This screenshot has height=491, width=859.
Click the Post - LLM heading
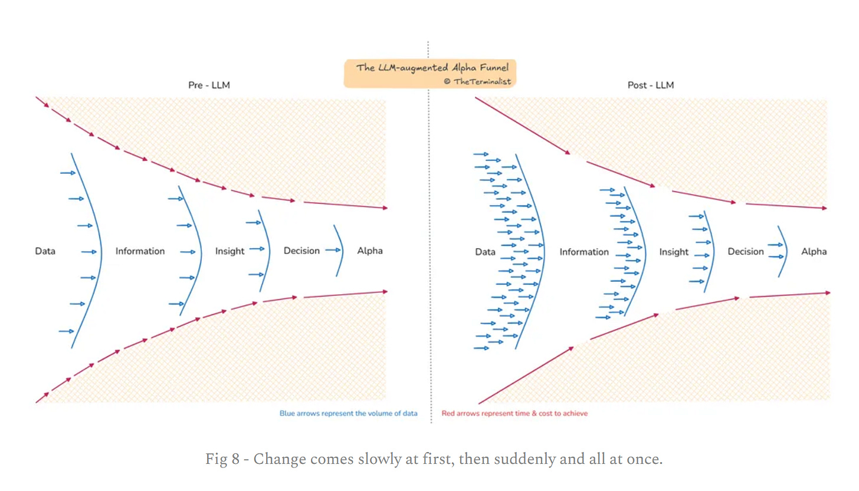(650, 85)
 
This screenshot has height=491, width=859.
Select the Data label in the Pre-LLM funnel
(45, 251)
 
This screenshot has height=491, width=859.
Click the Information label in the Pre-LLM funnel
(140, 251)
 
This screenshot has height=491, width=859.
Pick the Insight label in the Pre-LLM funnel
(229, 251)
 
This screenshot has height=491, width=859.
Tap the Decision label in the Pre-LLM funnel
(301, 251)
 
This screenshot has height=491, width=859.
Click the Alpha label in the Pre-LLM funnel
(370, 251)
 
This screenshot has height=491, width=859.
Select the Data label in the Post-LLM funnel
(485, 252)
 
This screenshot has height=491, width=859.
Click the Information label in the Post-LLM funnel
(584, 252)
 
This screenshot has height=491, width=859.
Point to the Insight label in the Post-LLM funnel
(674, 252)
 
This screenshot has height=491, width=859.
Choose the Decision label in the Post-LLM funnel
(746, 252)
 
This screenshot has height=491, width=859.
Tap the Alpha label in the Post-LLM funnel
(814, 252)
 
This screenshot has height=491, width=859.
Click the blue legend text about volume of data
(348, 414)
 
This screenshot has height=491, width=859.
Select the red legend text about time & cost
(514, 414)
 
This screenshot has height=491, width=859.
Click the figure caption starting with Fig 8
(434, 459)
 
